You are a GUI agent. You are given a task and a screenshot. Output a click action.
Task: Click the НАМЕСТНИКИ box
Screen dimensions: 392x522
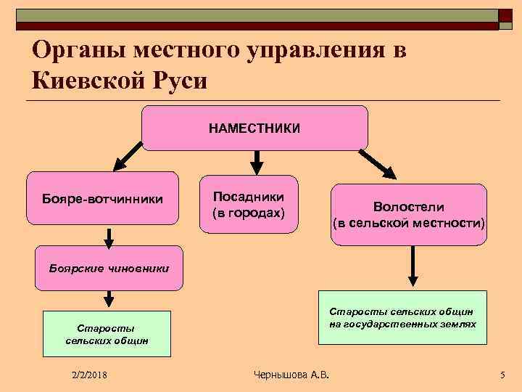254,128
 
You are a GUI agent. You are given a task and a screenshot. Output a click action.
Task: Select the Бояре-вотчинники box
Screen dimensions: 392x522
102,198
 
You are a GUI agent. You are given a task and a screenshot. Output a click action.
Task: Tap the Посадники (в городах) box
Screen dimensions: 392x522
249,205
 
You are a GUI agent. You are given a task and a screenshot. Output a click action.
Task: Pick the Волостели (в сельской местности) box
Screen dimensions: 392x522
409,215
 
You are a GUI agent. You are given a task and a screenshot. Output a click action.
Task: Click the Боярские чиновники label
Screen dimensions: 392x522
109,268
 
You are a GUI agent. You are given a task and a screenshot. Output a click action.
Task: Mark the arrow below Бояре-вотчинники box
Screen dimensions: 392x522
109,237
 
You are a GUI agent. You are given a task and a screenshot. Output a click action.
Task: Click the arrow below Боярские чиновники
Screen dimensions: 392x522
109,297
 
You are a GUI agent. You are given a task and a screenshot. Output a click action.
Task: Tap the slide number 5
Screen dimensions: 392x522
502,375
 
